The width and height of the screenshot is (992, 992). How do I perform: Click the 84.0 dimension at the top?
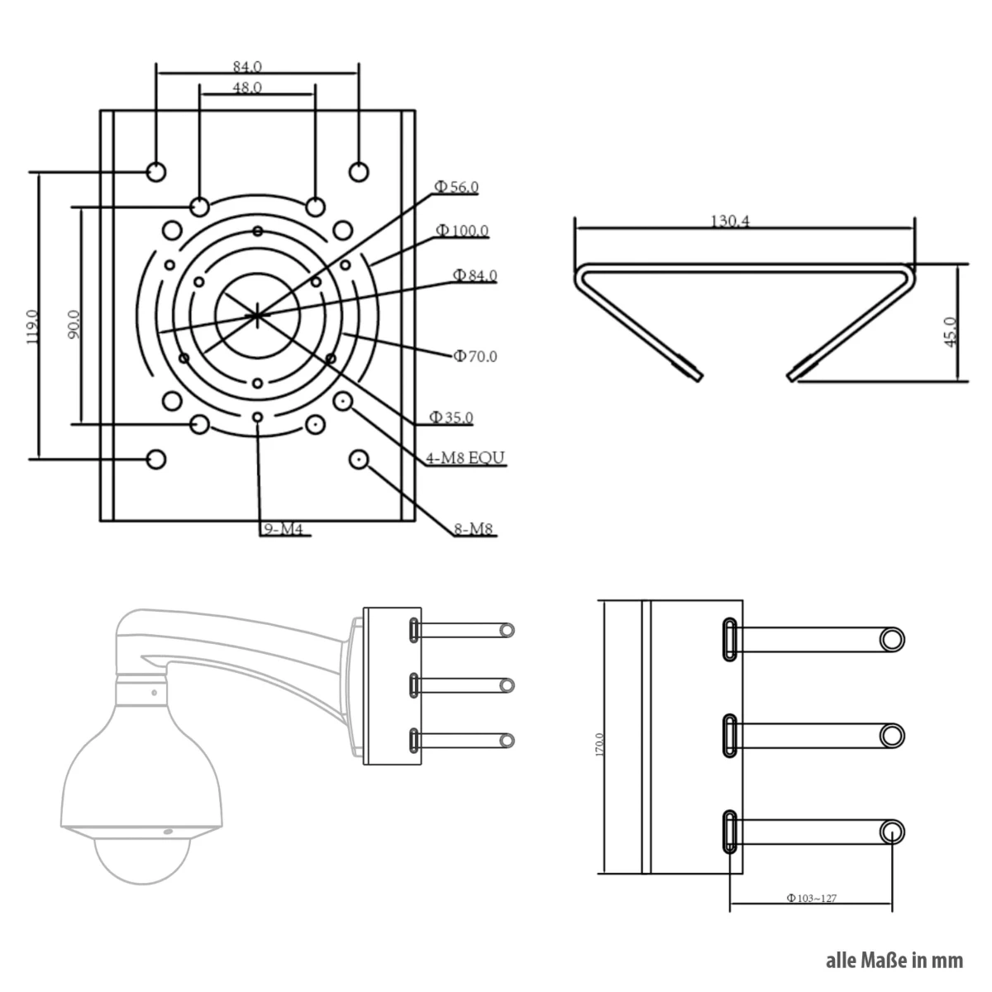coord(247,66)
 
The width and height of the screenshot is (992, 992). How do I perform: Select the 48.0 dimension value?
coord(247,87)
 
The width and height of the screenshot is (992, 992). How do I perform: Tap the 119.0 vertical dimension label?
coord(32,326)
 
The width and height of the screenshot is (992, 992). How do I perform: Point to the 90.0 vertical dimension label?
coord(74,325)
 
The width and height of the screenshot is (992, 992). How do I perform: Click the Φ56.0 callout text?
coord(457,188)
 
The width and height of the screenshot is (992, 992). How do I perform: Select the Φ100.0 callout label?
coord(462,231)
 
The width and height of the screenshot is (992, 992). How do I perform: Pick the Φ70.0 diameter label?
coord(475,356)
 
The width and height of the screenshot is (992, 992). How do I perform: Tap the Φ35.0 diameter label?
coord(451,417)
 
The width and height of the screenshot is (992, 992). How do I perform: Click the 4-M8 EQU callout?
coord(465,457)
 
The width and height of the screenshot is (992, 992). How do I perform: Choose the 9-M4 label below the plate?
coord(284,530)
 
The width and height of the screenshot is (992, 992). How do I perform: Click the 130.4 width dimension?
coord(731,222)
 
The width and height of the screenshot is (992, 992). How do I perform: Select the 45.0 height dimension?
coord(950,331)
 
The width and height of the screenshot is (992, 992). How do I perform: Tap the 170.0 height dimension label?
coord(599,744)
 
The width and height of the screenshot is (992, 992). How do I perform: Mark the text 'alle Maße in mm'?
coord(894,961)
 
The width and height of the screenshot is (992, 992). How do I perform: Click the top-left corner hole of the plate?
coord(156,171)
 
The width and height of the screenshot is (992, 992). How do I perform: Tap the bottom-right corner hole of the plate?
coord(359,459)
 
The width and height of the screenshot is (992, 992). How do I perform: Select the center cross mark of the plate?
coord(258,313)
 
